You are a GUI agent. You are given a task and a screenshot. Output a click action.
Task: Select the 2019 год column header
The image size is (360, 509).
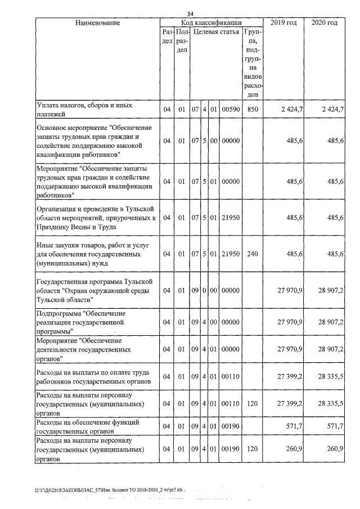[x=283, y=22]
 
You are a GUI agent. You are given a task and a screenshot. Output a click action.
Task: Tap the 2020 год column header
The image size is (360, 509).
[x=324, y=22]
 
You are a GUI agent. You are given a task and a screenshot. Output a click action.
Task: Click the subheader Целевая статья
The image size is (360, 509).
[x=217, y=33]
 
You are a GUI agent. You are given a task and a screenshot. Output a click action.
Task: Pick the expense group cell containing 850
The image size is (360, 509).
[x=252, y=109]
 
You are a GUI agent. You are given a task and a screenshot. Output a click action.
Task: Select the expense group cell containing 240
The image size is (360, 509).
[x=252, y=254]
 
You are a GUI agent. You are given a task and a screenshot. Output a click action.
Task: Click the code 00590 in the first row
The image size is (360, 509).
[x=231, y=109]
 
